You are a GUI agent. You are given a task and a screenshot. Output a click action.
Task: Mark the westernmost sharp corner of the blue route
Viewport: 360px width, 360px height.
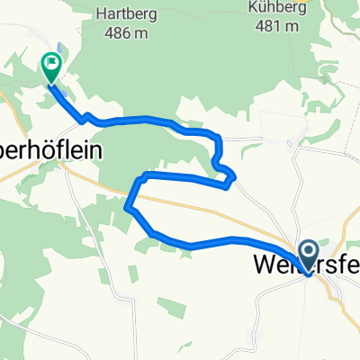click(127, 208)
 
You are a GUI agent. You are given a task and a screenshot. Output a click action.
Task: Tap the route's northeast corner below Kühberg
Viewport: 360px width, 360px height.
click(217, 136)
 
